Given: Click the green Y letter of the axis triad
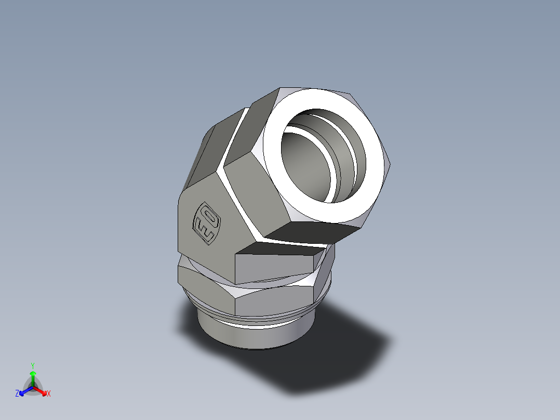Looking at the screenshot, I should [x=32, y=365].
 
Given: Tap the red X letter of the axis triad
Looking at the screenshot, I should [x=49, y=394].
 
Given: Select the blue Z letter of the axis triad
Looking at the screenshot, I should [x=17, y=394].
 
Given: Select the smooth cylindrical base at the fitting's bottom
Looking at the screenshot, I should [x=249, y=335].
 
